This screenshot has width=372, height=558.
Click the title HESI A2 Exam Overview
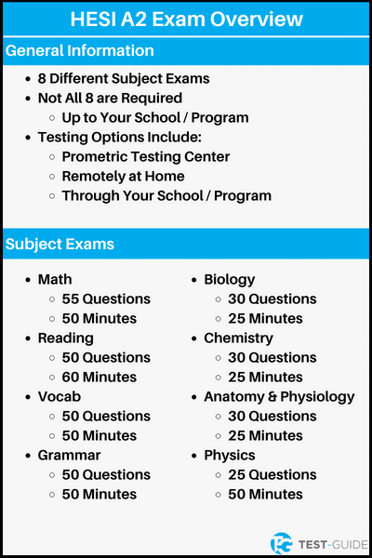coord(186,20)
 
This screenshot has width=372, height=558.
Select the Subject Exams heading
coord(60,245)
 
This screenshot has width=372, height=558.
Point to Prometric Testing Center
coord(146,156)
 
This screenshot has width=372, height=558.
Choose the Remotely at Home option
coord(123,176)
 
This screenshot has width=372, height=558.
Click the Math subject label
coord(55,279)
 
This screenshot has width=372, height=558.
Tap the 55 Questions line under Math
coord(106,299)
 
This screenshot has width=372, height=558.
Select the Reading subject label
coord(65,338)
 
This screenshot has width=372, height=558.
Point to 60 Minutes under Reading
coord(100,377)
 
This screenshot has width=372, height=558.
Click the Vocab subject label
coord(59,396)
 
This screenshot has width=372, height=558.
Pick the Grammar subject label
coord(69,455)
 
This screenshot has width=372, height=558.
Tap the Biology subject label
coord(230,279)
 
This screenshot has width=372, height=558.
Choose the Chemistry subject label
coord(239,338)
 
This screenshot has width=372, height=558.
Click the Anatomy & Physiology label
coord(279,396)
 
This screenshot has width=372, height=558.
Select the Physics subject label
coord(229,455)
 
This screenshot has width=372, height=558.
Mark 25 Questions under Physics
coord(272,474)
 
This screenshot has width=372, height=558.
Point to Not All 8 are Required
coord(110,98)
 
